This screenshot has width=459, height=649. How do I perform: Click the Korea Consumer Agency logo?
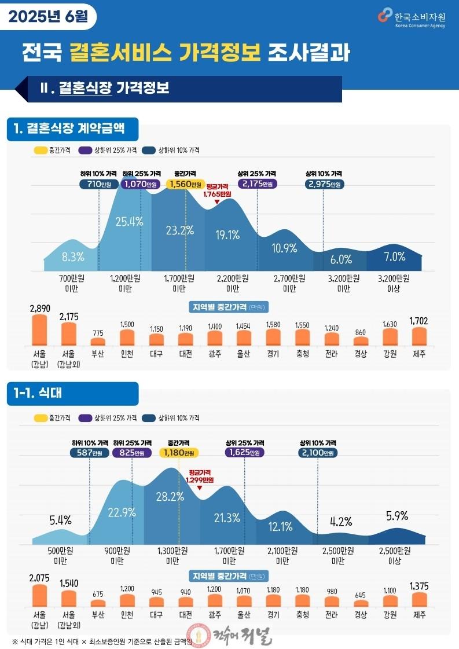(412, 18)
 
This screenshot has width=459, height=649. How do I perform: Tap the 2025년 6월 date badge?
(48, 17)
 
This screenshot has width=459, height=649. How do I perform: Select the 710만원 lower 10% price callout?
(98, 184)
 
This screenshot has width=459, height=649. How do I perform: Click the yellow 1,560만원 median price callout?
(185, 184)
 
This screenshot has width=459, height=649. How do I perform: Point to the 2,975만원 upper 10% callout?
(325, 184)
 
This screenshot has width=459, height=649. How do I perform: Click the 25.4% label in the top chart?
(129, 222)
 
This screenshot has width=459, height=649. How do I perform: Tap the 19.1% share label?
(227, 235)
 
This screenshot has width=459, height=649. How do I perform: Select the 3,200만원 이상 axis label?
(394, 284)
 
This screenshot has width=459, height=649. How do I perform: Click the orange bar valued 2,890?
(40, 330)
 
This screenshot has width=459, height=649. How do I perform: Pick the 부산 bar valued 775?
(98, 342)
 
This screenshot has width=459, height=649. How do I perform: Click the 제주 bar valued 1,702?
(419, 336)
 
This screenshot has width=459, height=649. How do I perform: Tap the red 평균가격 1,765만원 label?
(217, 190)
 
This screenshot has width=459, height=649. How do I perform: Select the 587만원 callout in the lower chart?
(89, 452)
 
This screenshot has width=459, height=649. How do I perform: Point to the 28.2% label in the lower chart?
(170, 497)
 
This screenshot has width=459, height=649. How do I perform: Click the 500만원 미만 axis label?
(60, 556)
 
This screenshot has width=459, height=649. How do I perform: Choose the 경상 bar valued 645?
(361, 603)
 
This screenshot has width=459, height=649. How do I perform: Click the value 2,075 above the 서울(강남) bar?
(39, 578)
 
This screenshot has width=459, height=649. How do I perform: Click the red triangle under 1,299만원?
(200, 487)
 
